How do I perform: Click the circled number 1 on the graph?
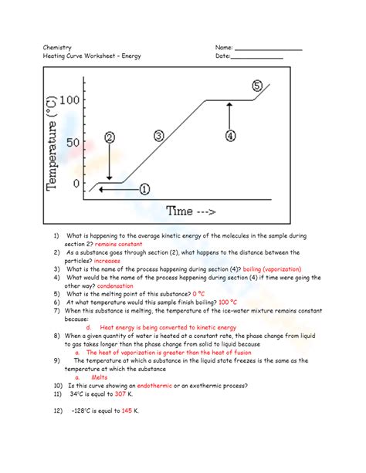click(x=144, y=188)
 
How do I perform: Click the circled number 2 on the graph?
click(x=110, y=137)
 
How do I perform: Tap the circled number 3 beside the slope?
click(x=159, y=136)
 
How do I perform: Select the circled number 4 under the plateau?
click(x=230, y=136)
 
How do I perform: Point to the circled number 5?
click(x=257, y=85)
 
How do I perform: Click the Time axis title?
click(x=191, y=210)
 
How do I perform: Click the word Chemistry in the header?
click(x=58, y=48)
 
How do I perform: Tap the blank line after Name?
click(x=268, y=50)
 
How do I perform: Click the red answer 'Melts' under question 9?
click(x=99, y=377)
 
